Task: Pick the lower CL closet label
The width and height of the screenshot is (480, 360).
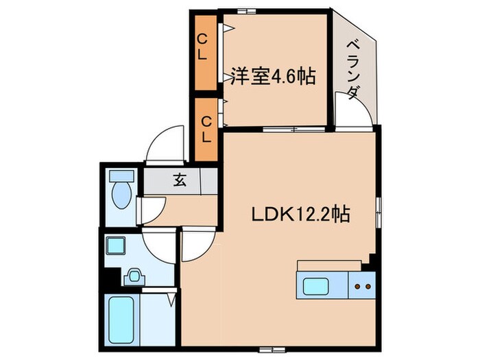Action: pos(205,128)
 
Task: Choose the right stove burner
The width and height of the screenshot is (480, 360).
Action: pos(368,285)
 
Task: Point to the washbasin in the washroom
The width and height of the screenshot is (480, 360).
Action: pos(134,276)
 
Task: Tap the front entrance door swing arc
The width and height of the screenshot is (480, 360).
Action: pos(165,145)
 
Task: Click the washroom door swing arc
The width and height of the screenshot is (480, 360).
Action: pos(159,247)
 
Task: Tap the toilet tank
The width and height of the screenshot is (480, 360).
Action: pos(119,174)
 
